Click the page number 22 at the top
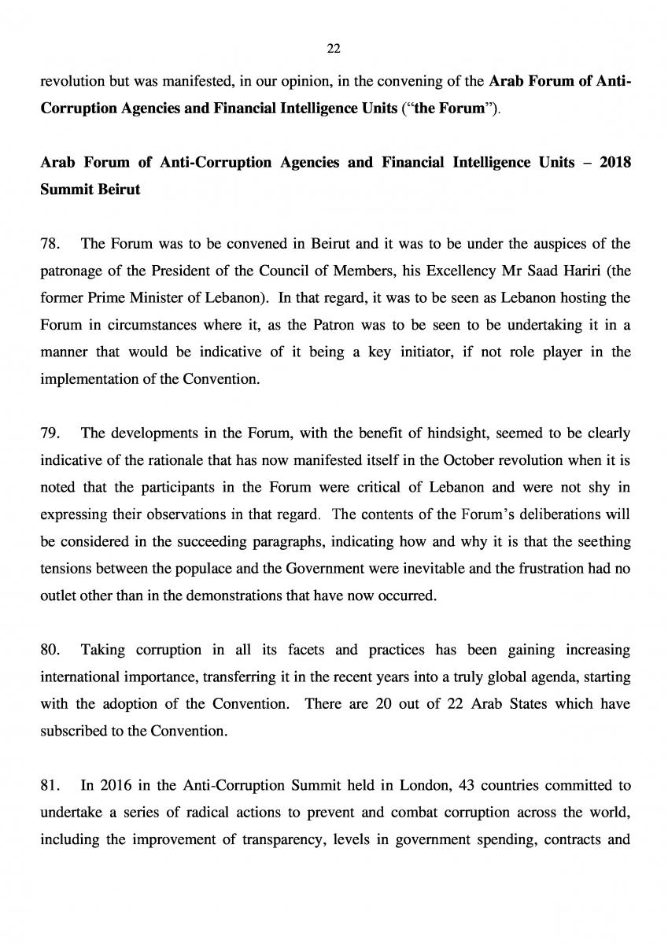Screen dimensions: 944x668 pyautogui.click(x=333, y=50)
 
